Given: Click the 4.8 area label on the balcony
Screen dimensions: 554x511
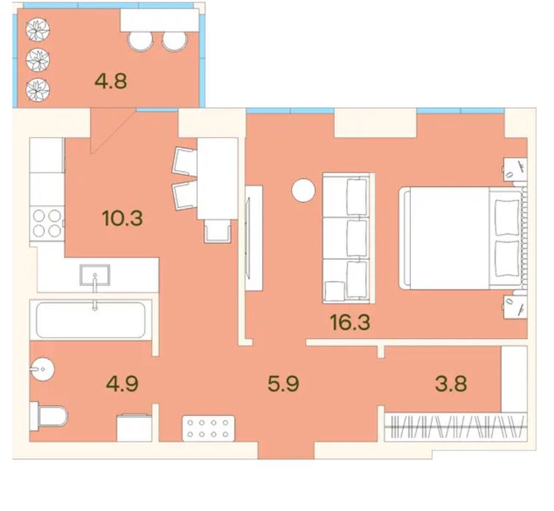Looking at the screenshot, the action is tap(111, 81).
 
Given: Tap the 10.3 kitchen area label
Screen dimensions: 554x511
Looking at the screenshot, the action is tap(122, 218).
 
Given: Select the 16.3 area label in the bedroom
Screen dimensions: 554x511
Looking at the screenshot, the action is tap(350, 322).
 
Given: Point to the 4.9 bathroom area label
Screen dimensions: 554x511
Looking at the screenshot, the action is tap(122, 383).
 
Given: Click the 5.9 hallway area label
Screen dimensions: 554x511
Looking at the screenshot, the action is tap(283, 383).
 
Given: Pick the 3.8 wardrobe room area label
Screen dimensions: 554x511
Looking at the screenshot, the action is tap(451, 383).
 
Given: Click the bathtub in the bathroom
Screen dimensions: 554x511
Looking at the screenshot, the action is tap(91, 320).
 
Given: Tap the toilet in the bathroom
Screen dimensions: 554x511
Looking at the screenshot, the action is tap(49, 416).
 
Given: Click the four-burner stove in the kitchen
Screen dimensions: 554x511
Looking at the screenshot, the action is tap(47, 223).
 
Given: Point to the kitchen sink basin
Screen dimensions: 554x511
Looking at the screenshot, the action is tap(95, 274).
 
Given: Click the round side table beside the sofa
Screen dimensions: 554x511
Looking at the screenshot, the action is tap(303, 191).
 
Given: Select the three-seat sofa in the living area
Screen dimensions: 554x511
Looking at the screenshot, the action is tap(348, 238).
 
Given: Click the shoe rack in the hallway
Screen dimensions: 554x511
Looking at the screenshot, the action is tap(208, 428).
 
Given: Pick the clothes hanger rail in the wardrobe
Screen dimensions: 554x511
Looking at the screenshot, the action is tap(455, 427).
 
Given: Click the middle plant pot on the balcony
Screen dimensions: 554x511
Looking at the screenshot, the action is tap(38, 59).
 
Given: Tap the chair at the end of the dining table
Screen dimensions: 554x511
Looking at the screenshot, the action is tap(218, 231).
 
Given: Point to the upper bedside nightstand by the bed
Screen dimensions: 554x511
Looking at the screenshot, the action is tap(515, 169).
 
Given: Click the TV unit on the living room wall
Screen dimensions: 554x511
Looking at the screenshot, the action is tap(254, 238).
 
